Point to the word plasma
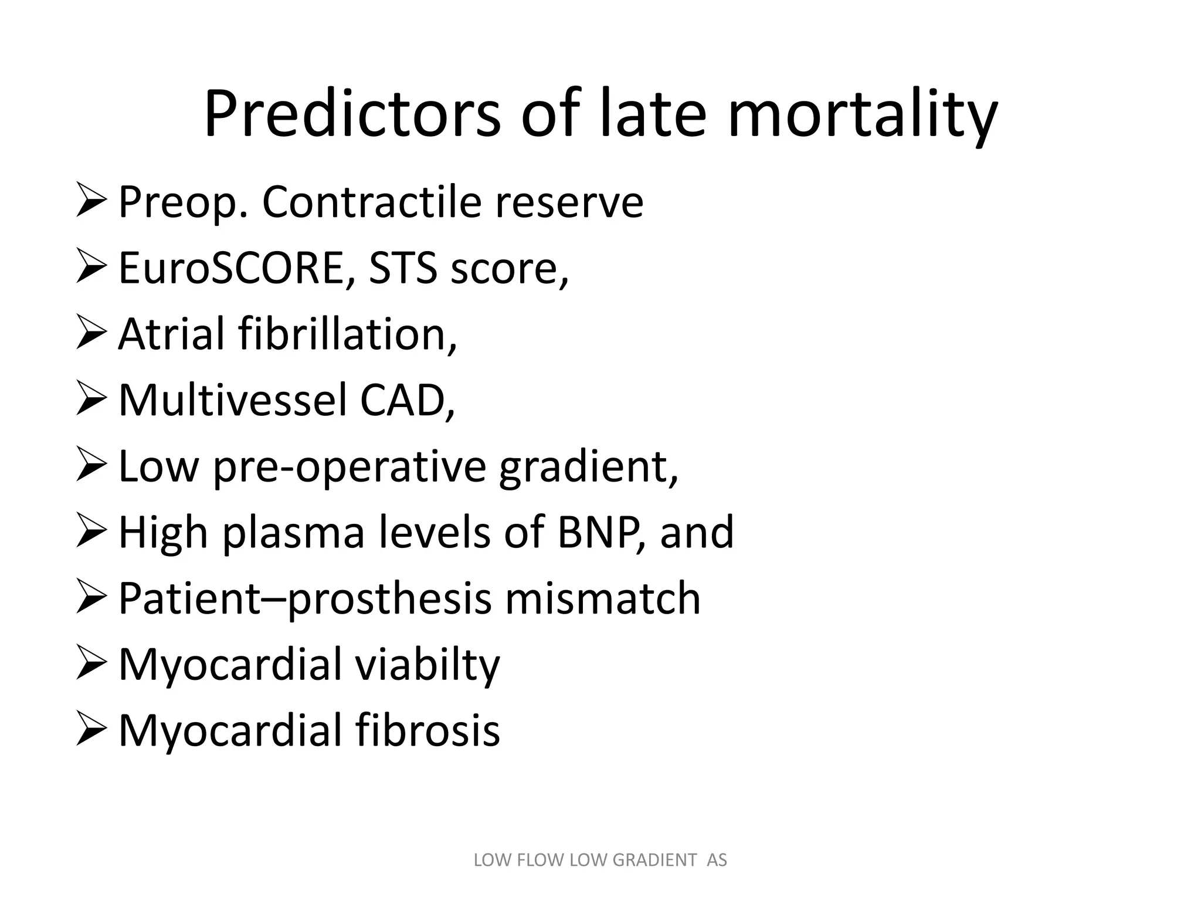click(293, 533)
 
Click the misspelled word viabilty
click(428, 665)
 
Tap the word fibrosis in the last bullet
click(428, 731)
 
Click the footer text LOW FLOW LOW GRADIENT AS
click(600, 861)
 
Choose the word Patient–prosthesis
click(305, 599)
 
